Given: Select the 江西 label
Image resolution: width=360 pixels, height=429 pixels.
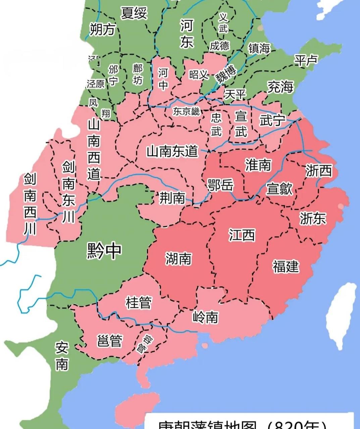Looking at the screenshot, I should pos(242,235).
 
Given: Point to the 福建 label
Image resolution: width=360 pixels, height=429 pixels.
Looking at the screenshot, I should pos(286,266).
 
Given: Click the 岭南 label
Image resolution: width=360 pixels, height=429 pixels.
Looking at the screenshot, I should pos(205,317).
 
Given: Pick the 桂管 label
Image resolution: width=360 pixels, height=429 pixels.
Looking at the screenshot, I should pos(138,303).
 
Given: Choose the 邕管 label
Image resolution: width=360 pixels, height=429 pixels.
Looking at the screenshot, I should pos(109,341).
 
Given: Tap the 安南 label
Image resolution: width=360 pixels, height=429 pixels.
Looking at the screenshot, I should pos(62,356).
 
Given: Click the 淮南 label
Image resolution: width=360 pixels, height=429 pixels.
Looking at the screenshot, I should pos(258,165).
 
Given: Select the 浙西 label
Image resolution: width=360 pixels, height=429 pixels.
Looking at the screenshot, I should pos(318,171).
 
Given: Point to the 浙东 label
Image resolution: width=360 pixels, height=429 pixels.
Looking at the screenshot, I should pos(312,219).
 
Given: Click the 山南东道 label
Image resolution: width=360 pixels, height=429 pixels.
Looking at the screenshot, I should pos(172,151).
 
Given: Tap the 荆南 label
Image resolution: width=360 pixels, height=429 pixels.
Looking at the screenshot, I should pos(172,198).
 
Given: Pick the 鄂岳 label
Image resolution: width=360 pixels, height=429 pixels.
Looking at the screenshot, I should pos(220,185).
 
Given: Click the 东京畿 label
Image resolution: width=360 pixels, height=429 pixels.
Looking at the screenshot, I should pos(186,111).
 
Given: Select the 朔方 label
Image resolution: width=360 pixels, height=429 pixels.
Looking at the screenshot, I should pos(102,30).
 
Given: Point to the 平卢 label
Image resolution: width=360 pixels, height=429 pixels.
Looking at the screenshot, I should pos(306,60).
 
